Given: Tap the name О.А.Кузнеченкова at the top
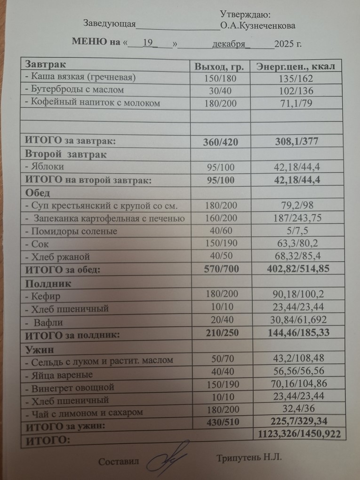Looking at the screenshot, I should (x=257, y=25).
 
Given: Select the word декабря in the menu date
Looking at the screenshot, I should (x=229, y=44).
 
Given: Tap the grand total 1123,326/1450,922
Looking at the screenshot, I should (x=299, y=434).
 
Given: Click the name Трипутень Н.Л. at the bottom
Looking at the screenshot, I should (x=249, y=458).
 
